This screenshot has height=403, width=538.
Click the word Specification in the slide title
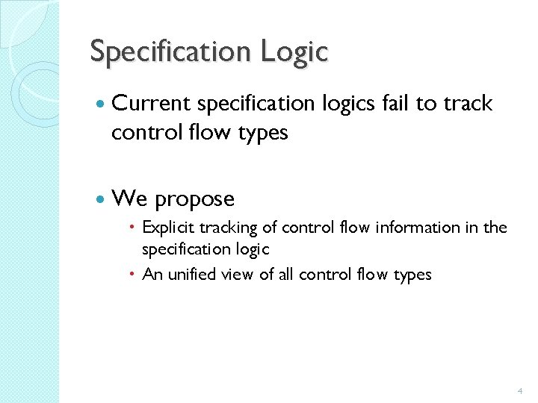click(x=171, y=52)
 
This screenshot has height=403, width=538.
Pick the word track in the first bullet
click(x=468, y=104)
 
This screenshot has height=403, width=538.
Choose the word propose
click(x=194, y=199)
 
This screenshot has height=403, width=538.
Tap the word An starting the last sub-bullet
click(x=152, y=275)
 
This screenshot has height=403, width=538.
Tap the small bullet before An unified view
click(x=132, y=275)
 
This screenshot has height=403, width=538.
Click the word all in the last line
click(x=285, y=275)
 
